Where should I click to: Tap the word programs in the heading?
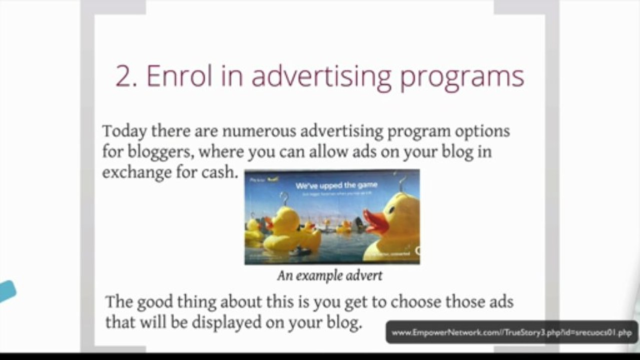coord(462,77)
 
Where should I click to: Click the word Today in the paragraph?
coord(125,131)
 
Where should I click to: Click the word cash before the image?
coord(218,172)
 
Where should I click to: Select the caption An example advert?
coord(330,275)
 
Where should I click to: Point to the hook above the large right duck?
coord(401,182)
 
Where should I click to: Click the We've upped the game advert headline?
coord(336,185)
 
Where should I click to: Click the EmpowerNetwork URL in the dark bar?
coord(511,333)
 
